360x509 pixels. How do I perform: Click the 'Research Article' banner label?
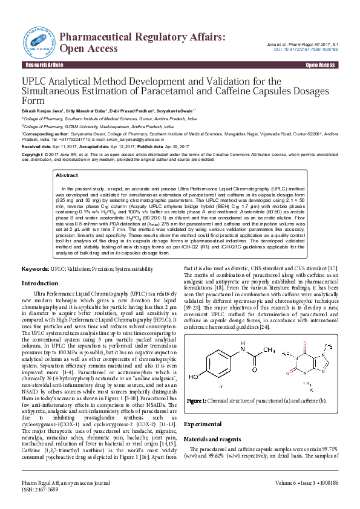[x=39, y=65]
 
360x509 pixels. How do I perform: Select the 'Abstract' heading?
[x=67, y=175]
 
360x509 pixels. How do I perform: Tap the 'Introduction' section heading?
[x=40, y=283]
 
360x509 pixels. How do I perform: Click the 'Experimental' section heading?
[x=203, y=407]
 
